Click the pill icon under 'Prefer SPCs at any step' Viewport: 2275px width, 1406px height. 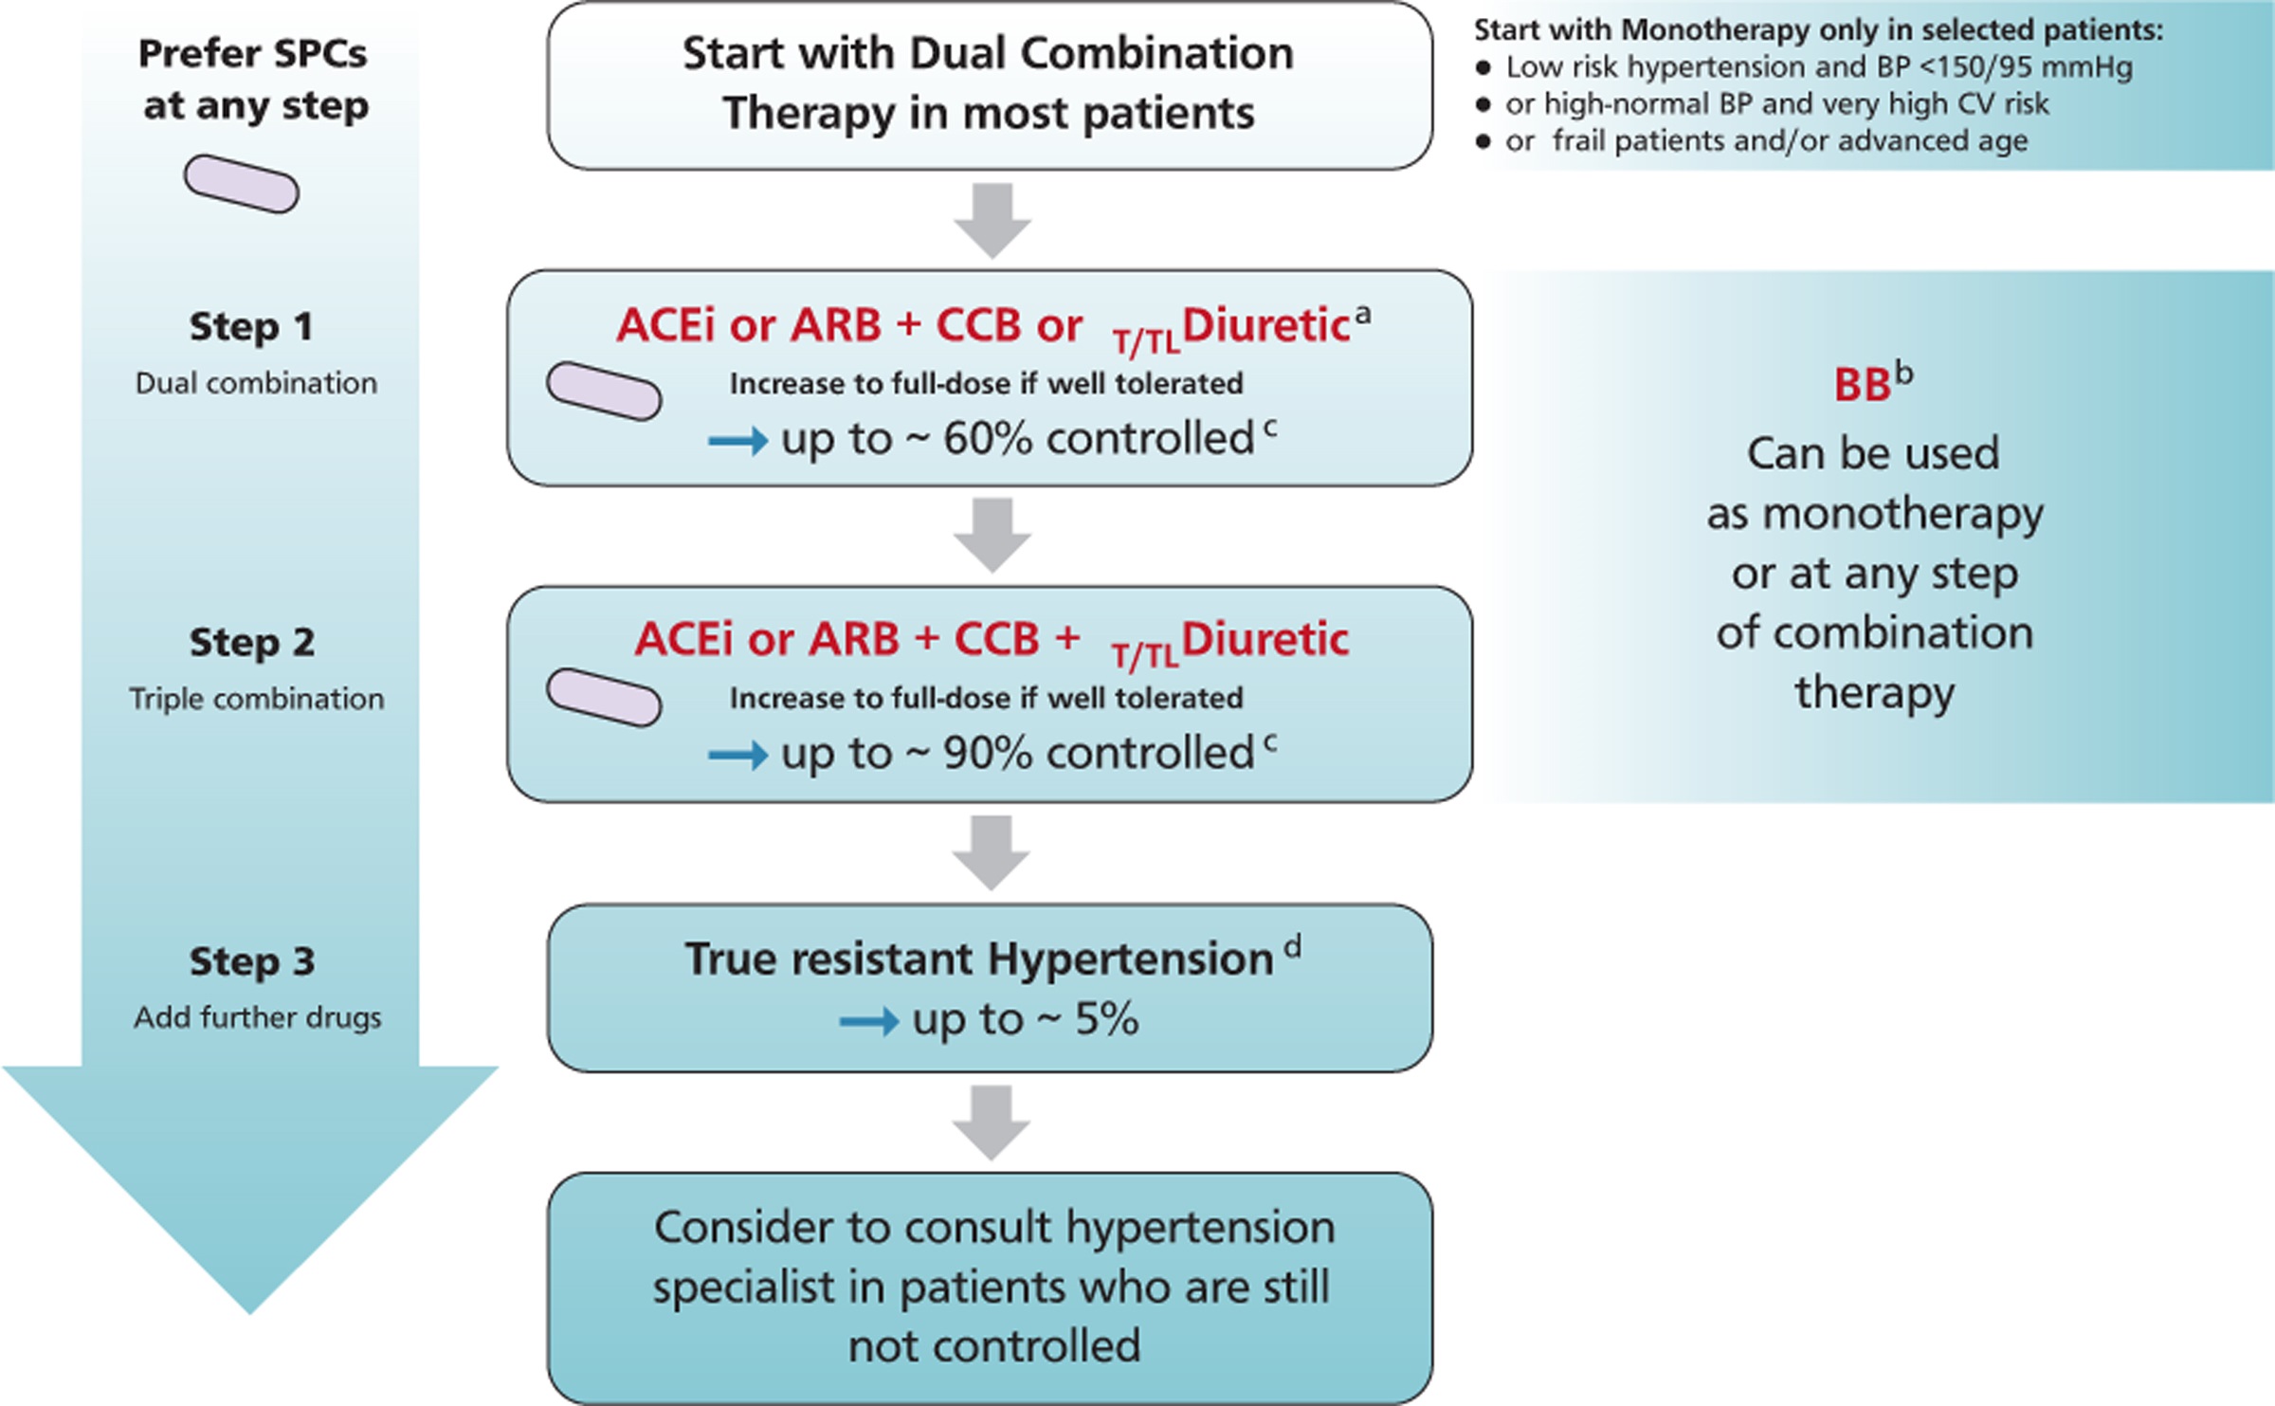(242, 184)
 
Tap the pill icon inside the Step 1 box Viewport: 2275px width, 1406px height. (604, 391)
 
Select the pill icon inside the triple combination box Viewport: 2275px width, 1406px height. (604, 698)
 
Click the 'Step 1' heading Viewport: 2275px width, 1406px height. (251, 326)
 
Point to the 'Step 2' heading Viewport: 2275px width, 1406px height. (251, 642)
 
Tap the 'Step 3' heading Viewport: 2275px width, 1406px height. (251, 961)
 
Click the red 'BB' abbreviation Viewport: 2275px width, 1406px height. (1862, 386)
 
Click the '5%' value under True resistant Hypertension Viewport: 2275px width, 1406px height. (1106, 1019)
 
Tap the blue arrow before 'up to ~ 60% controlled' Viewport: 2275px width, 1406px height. (737, 440)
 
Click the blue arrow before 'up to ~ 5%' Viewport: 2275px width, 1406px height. (869, 1021)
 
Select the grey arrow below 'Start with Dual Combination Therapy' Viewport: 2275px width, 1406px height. (992, 221)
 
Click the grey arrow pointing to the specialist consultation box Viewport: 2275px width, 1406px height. (992, 1123)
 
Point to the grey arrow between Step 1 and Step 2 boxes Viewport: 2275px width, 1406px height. (992, 536)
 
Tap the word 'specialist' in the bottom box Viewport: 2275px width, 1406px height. (757, 1287)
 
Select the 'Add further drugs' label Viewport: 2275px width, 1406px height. (257, 1017)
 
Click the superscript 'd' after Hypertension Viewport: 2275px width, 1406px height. (1293, 945)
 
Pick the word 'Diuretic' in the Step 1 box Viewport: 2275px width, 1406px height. (1265, 326)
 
